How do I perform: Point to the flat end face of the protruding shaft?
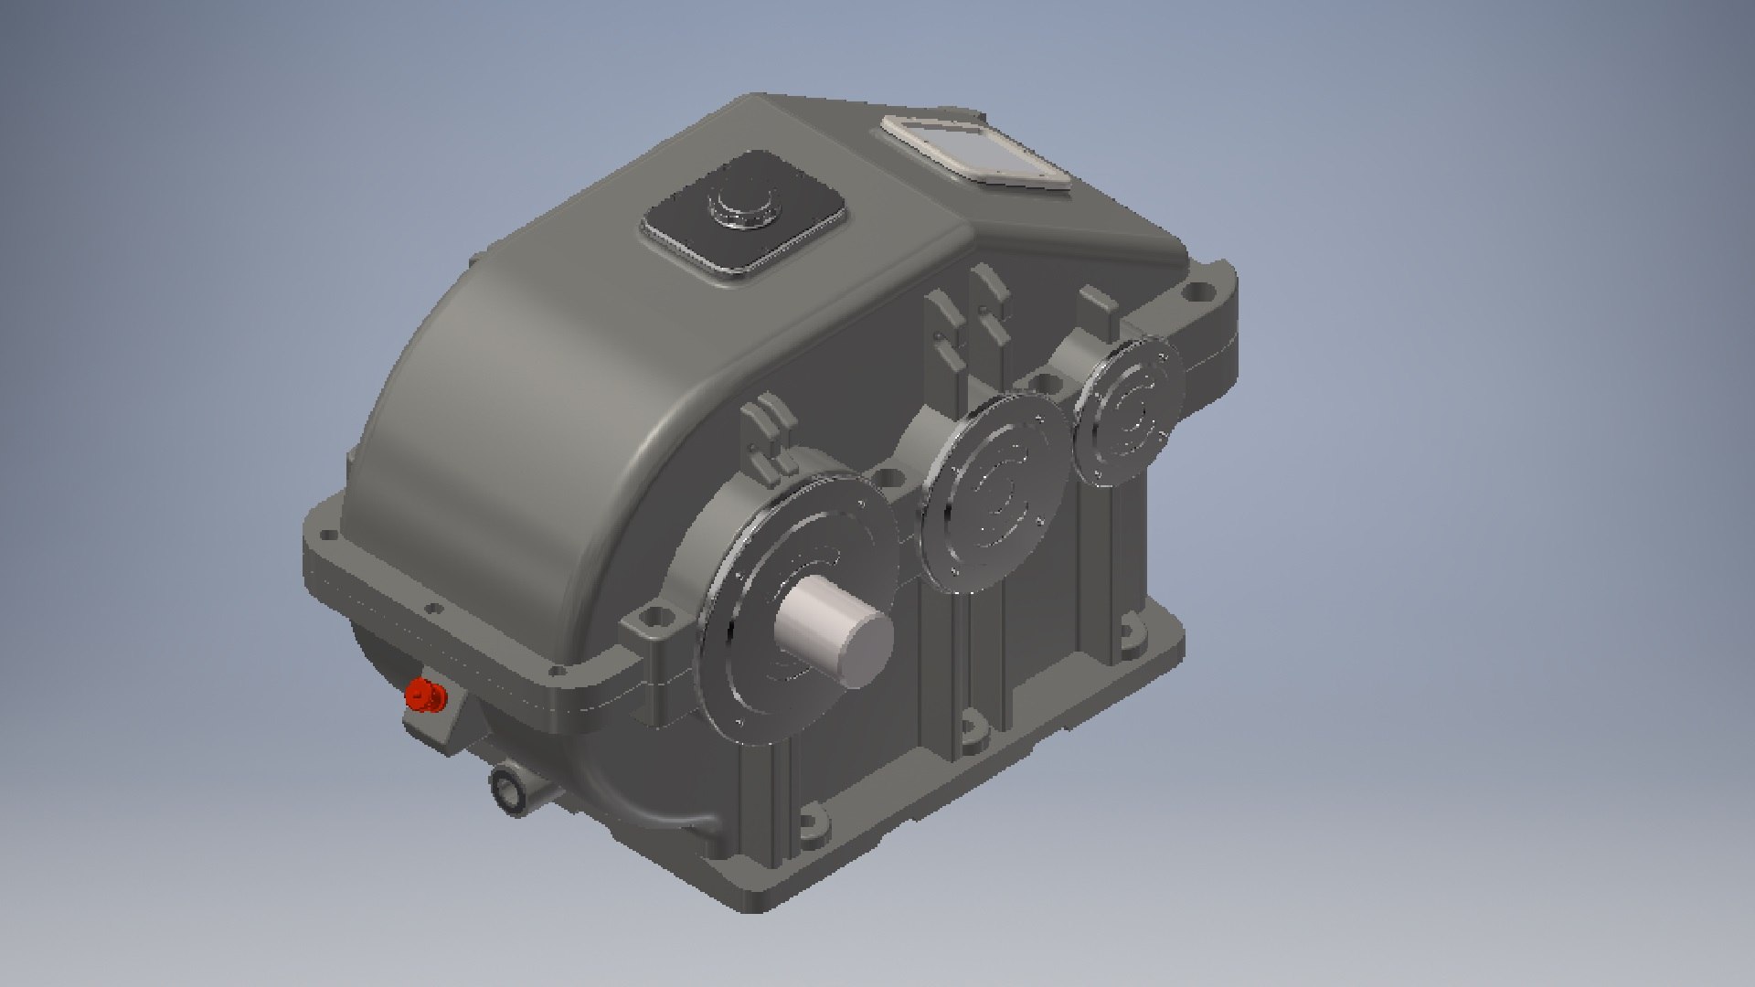coord(863,651)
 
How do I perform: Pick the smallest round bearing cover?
coord(1126,411)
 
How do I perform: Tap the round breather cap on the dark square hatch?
coord(739,208)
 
